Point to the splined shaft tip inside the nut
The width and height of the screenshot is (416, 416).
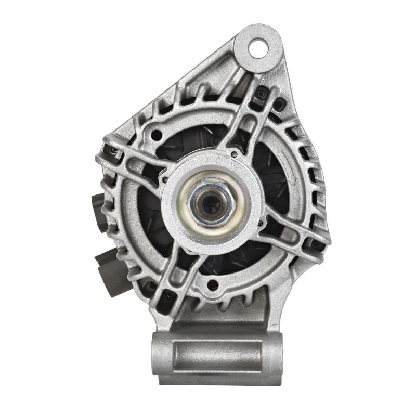pos(211,203)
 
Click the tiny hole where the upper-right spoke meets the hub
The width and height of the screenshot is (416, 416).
pos(235,154)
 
